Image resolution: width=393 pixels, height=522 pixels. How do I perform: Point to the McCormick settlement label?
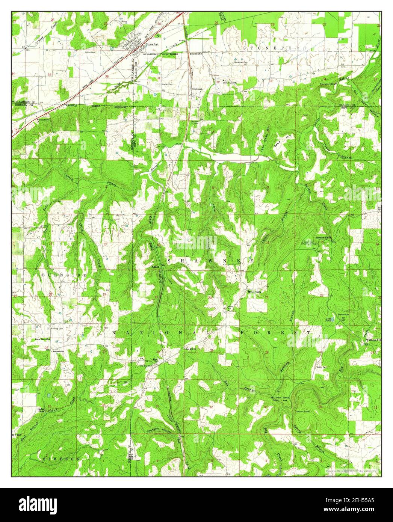(257, 291)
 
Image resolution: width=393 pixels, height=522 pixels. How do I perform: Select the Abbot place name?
(155, 267)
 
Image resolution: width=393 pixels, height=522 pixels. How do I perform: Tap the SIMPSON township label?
(62, 459)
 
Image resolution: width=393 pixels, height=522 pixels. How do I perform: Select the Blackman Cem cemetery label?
(240, 62)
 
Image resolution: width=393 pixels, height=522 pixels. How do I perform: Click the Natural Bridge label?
(305, 412)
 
